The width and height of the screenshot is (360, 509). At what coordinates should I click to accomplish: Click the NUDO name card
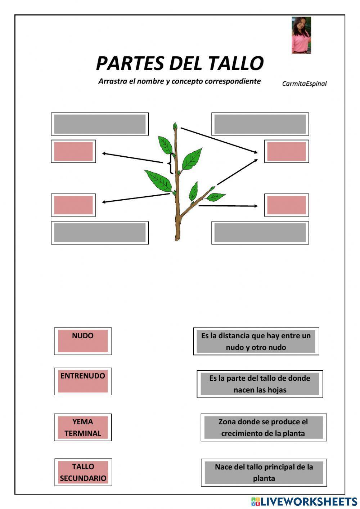(x=83, y=341)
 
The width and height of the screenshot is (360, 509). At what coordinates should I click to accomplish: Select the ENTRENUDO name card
(x=83, y=381)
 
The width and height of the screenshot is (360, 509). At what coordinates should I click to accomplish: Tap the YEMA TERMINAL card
(x=83, y=427)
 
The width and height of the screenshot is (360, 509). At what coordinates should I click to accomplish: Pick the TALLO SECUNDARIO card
(x=83, y=472)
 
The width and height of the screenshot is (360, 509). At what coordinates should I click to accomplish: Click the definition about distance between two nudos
(x=256, y=341)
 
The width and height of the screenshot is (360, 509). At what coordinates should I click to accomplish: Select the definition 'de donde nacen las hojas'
(x=260, y=384)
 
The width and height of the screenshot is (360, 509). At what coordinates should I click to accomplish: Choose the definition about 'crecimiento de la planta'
(x=264, y=427)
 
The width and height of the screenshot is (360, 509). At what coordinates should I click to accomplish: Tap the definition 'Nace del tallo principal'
(x=264, y=472)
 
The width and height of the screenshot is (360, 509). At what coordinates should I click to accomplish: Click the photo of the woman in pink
(x=301, y=35)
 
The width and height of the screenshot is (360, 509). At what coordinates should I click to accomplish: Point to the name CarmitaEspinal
(x=304, y=84)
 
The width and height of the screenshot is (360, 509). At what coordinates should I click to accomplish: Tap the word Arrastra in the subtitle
(x=113, y=81)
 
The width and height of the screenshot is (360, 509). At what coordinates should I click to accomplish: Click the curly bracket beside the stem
(x=169, y=164)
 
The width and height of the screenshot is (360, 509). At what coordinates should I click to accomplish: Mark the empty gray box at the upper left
(x=100, y=124)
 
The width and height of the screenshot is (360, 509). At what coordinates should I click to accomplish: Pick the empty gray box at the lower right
(x=260, y=233)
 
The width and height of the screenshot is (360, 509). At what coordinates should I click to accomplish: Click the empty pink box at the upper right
(x=287, y=151)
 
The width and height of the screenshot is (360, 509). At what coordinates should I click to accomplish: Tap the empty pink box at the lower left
(x=73, y=205)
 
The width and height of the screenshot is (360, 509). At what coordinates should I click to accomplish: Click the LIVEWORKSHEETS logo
(x=304, y=501)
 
